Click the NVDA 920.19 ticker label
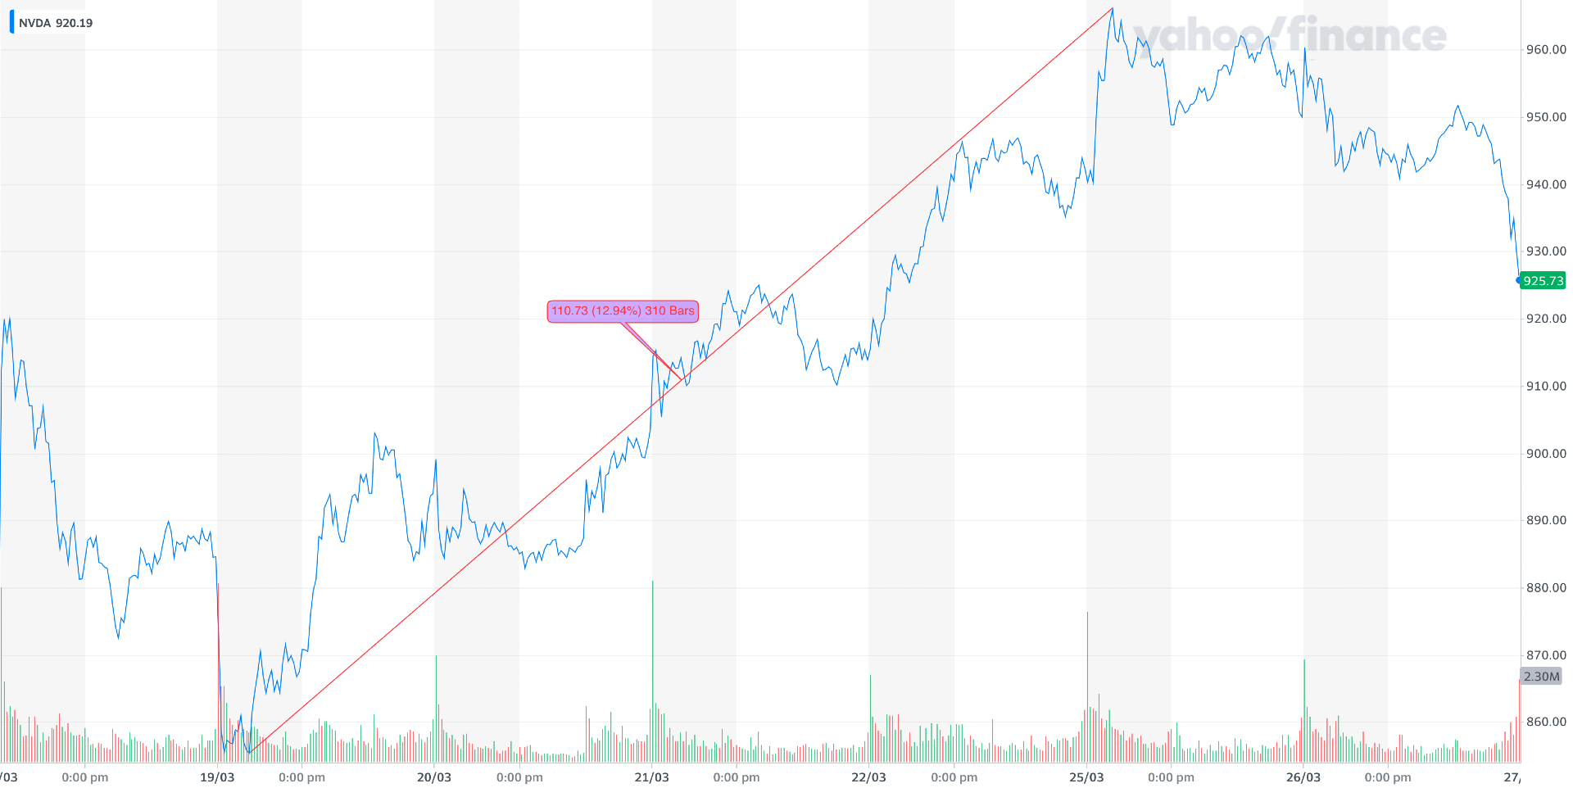[55, 23]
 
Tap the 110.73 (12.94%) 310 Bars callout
[623, 311]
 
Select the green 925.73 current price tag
[1544, 281]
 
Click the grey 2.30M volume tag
[1541, 677]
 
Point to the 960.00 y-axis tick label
[1545, 50]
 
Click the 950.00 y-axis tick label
[1545, 117]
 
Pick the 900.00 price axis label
[1545, 454]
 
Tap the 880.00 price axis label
[1545, 588]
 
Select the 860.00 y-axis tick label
[1545, 722]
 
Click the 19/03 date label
[217, 777]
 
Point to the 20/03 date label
[434, 777]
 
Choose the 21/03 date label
[651, 777]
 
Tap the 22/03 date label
[868, 777]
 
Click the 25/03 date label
[1086, 777]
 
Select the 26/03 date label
[1303, 777]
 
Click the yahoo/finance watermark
[1290, 36]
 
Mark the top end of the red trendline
[1113, 8]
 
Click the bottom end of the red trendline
[249, 752]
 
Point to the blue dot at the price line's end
[1519, 280]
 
